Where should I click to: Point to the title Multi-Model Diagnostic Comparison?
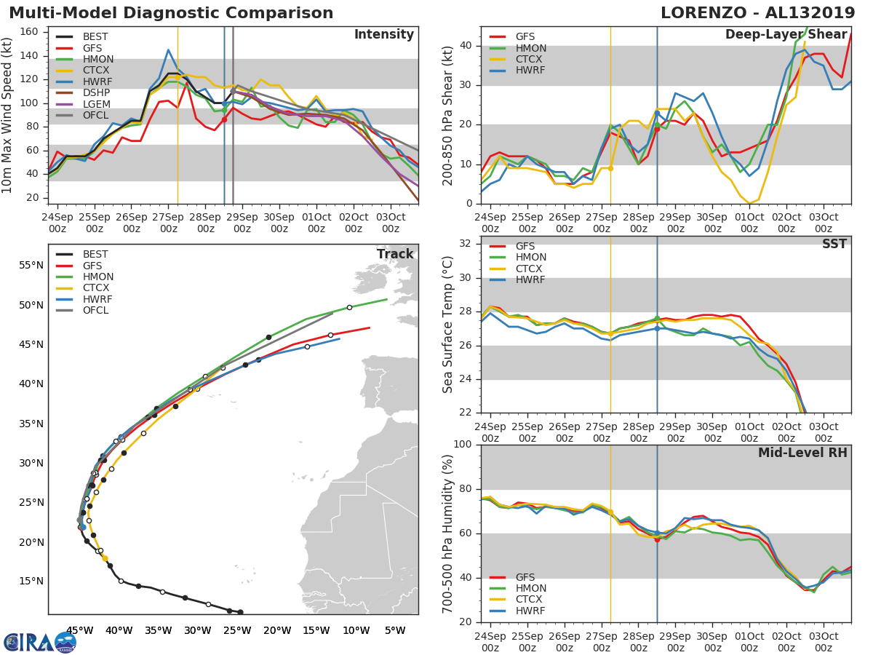pyautogui.click(x=171, y=13)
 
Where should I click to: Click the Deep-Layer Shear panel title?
pyautogui.click(x=786, y=35)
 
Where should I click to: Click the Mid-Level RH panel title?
pyautogui.click(x=802, y=453)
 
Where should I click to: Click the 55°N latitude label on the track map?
pyautogui.click(x=31, y=265)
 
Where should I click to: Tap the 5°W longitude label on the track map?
pyautogui.click(x=395, y=631)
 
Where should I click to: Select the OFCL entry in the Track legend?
pyautogui.click(x=95, y=311)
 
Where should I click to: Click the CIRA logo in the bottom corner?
pyautogui.click(x=40, y=641)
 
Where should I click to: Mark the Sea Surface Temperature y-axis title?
pyautogui.click(x=448, y=324)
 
